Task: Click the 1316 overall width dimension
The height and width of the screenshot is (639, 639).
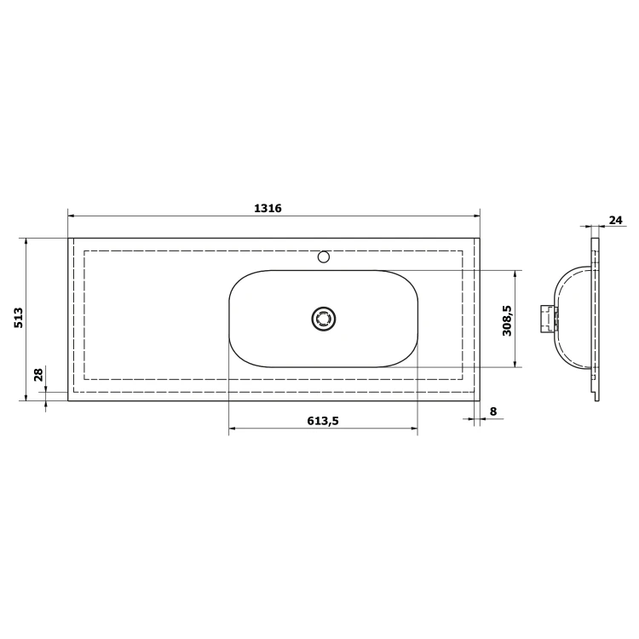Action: click(x=268, y=208)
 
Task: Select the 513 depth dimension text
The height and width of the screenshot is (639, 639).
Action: click(x=19, y=318)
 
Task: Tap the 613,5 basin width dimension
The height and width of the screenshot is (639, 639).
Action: click(x=323, y=421)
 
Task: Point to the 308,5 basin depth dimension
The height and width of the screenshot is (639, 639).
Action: click(x=507, y=320)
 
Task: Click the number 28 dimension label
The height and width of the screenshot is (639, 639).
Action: click(x=38, y=375)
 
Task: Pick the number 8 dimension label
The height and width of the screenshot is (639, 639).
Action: click(x=493, y=412)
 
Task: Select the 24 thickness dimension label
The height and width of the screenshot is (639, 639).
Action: click(x=616, y=220)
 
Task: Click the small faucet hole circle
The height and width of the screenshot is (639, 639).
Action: click(x=324, y=257)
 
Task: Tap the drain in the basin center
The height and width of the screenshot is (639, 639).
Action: click(x=324, y=319)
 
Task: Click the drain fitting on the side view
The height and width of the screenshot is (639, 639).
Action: click(x=549, y=319)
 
